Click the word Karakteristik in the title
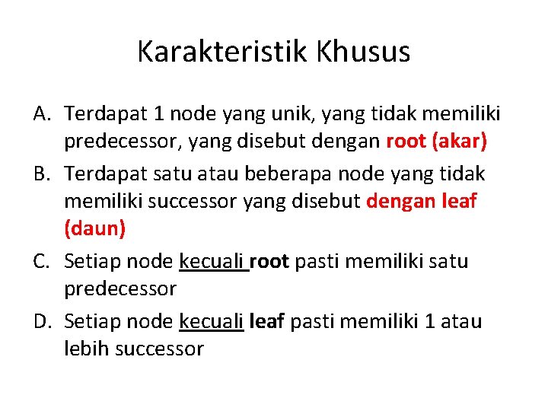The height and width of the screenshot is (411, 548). pos(221,52)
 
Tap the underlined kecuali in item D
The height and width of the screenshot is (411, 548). pos(211,321)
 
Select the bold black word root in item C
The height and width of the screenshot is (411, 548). pos(269,262)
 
